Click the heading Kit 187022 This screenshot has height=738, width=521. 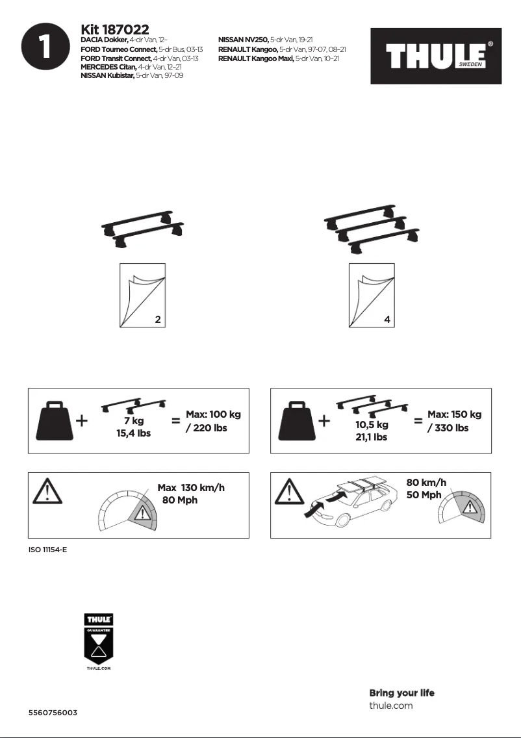[115, 30]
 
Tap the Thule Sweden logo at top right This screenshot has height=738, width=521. [436, 56]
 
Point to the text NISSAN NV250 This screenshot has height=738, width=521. [244, 40]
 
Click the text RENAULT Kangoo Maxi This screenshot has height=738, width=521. [256, 58]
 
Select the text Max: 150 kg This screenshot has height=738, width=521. [455, 414]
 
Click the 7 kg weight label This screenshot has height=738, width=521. [134, 421]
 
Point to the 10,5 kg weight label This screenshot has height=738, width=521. [372, 424]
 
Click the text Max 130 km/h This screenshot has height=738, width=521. [191, 488]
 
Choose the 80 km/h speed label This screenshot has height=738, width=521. [426, 483]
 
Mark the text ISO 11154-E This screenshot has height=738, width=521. [48, 550]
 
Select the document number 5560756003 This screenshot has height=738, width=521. [53, 713]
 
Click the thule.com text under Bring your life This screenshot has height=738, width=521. [390, 705]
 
